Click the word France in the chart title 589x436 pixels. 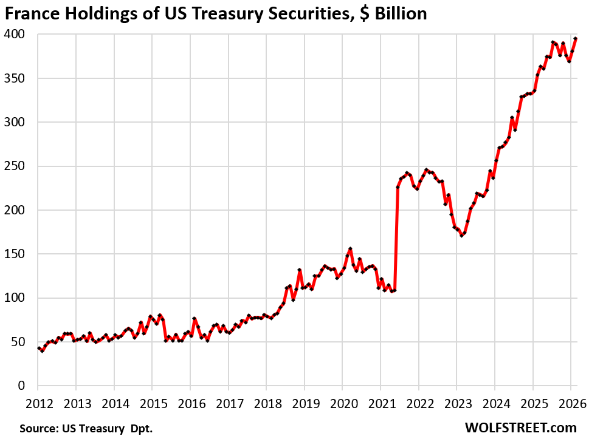pos(30,13)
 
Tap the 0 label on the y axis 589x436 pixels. pos(21,386)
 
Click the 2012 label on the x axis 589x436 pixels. pos(38,402)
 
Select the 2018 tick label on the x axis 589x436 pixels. pos(266,402)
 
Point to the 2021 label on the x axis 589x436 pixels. pos(381,402)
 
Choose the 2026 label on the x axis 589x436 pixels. pos(571,402)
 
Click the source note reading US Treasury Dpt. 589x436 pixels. pos(86,429)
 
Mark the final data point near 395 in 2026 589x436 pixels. pos(576,39)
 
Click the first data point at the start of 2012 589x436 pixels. pos(38,348)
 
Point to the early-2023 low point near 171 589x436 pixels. pos(461,236)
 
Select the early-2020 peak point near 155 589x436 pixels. pos(350,249)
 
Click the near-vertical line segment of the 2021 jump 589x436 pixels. pos(396,237)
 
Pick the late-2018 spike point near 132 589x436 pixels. pos(300,270)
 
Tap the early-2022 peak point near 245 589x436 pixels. pos(427,170)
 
